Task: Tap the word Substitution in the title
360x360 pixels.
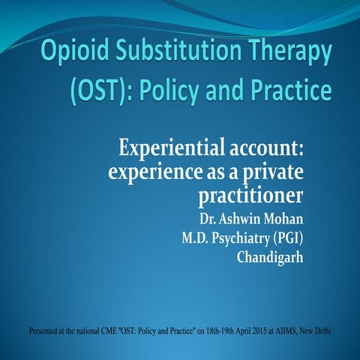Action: tap(176, 52)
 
